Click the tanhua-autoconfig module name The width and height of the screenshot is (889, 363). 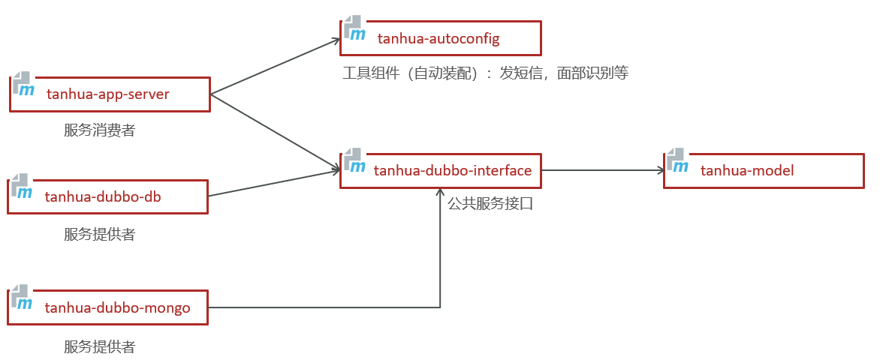coord(438,37)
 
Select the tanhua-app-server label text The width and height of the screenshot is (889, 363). coord(108,94)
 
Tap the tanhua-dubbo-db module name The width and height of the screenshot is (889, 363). coord(104,196)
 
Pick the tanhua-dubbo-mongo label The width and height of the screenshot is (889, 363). coord(118,307)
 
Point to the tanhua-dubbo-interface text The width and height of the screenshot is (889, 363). coord(453,170)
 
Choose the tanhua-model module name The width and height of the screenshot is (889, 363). coord(747,170)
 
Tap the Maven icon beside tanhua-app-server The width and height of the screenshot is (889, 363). coord(23,84)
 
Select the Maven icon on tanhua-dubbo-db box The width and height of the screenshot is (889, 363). coord(21,187)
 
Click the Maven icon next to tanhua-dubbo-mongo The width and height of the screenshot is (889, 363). coord(21,297)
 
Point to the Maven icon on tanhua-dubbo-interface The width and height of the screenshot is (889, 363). coord(354,160)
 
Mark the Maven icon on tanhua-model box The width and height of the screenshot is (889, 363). coord(677,160)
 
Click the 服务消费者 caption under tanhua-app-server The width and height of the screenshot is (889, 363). coord(100,130)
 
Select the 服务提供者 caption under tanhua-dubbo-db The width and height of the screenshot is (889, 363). coord(100,234)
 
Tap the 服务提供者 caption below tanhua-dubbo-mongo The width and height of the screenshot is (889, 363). coord(100,346)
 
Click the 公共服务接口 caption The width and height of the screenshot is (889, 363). coord(490,203)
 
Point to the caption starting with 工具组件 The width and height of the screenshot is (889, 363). coord(485,73)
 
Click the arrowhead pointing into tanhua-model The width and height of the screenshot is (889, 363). coord(658,170)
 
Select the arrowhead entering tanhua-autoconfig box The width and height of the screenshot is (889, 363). coord(336,40)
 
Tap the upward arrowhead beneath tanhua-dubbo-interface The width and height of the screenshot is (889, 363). coord(440,193)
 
